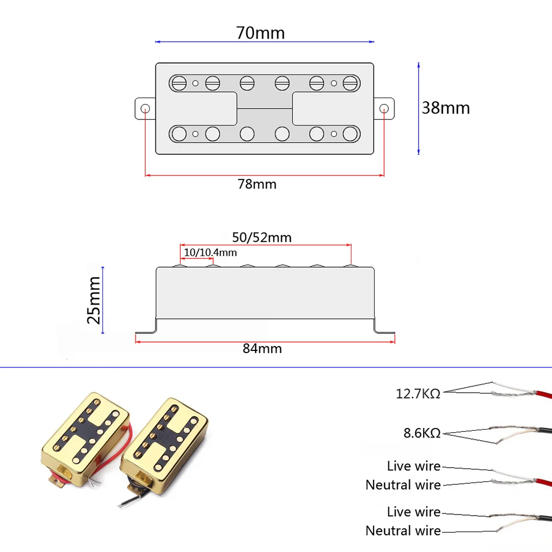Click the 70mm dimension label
[x=261, y=33]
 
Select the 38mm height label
[x=446, y=107]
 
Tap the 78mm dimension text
[x=257, y=184]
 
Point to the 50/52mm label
[x=261, y=237]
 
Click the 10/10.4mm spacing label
[x=210, y=252]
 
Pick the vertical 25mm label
[x=94, y=300]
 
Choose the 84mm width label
[x=262, y=349]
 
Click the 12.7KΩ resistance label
[x=418, y=394]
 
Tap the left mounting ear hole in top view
[x=145, y=108]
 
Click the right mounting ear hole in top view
[x=384, y=108]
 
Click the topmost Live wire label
[x=413, y=466]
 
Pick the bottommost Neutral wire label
[x=403, y=531]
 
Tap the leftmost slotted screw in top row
[x=179, y=83]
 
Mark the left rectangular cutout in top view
[x=203, y=108]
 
